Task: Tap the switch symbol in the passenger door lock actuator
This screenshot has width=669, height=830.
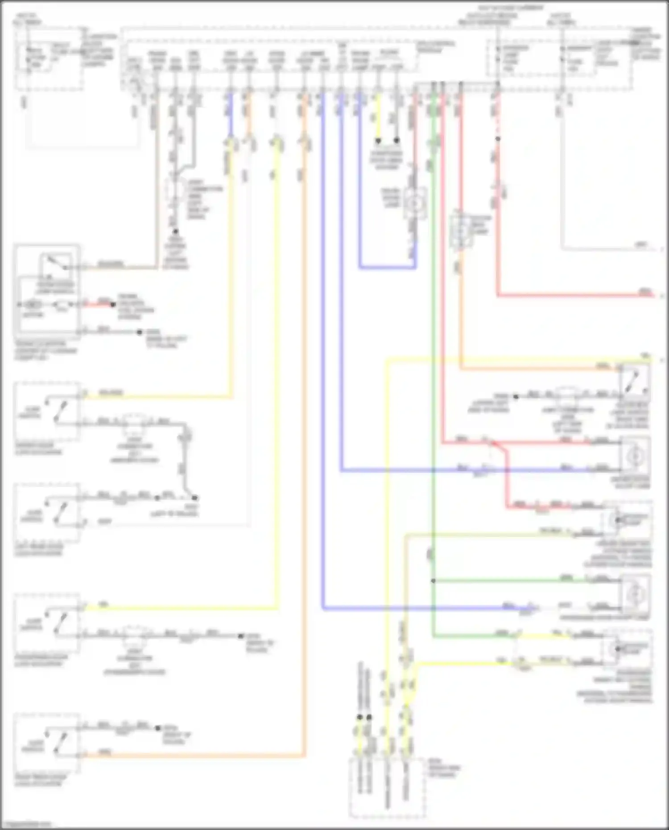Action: pyautogui.click(x=59, y=623)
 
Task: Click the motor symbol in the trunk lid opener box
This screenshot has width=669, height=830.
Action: pyautogui.click(x=33, y=305)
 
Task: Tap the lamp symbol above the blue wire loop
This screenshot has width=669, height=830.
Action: pyautogui.click(x=415, y=204)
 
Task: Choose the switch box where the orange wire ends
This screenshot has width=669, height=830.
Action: pyautogui.click(x=635, y=382)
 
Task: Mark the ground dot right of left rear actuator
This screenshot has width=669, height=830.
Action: pyautogui.click(x=194, y=497)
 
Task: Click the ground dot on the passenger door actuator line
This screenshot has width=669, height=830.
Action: pyautogui.click(x=241, y=636)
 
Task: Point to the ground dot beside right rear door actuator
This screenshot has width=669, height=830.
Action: pyautogui.click(x=158, y=728)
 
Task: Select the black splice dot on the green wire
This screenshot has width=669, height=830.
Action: pyautogui.click(x=433, y=581)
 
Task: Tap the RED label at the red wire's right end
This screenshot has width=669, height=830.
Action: pyautogui.click(x=645, y=292)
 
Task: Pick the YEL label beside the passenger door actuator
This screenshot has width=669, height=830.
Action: pyautogui.click(x=103, y=605)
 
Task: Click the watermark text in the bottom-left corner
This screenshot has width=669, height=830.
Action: pyautogui.click(x=27, y=824)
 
